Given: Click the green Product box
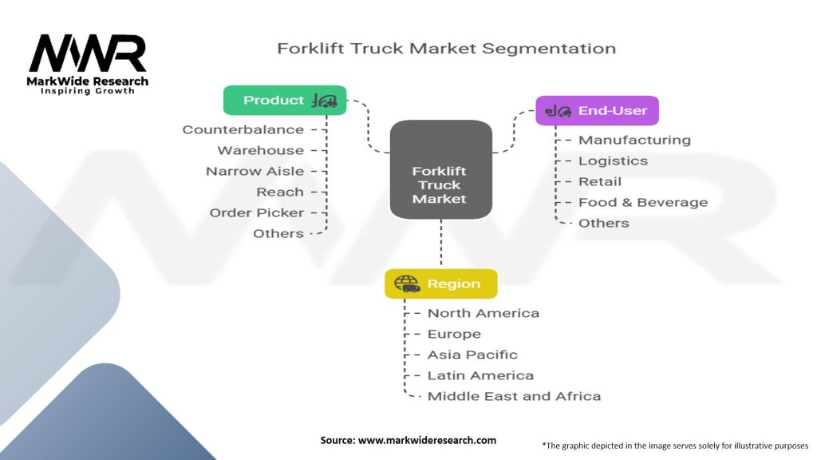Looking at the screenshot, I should point(285,101).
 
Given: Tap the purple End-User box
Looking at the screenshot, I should point(597,111).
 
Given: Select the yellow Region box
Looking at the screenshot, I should point(440,284).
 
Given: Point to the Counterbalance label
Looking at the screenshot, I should point(243,129).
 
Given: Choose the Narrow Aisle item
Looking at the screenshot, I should point(255,171).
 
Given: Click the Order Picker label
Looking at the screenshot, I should point(256,212).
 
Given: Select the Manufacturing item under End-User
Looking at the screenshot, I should point(634,140).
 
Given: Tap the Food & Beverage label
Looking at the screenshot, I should point(642,202).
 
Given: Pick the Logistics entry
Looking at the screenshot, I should point(613,161).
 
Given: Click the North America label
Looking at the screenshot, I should point(483,313).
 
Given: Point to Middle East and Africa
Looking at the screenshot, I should point(514,396).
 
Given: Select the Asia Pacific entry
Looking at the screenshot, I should point(472,355).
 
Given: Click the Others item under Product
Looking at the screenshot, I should point(278,233).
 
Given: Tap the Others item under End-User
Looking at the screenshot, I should point(603,223).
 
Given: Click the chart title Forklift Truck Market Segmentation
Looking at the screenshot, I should point(446,48).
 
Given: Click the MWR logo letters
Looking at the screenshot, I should point(88,54).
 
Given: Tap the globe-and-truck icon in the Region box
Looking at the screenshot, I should point(407,284).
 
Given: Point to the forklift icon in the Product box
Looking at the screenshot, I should point(325,101).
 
